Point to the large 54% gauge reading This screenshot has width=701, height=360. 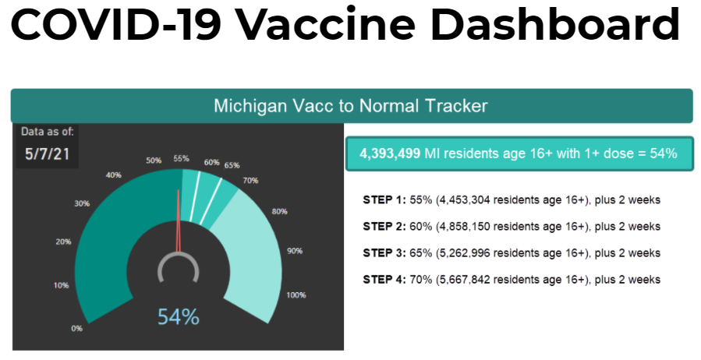click(x=179, y=317)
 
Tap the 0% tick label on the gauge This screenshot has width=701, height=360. click(x=76, y=328)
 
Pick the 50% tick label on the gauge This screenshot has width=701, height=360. click(x=154, y=161)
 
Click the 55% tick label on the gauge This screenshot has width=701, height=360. click(x=182, y=158)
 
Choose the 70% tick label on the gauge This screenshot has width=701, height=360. click(x=250, y=180)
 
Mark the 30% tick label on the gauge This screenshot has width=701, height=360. click(x=82, y=203)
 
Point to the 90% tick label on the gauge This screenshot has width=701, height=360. click(x=294, y=251)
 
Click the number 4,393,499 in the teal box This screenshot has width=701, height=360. click(x=390, y=154)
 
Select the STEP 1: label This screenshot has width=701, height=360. click(x=384, y=200)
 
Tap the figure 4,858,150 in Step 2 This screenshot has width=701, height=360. click(x=466, y=227)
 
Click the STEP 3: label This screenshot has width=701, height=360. click(x=384, y=253)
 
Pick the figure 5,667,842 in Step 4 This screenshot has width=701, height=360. click(x=466, y=280)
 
